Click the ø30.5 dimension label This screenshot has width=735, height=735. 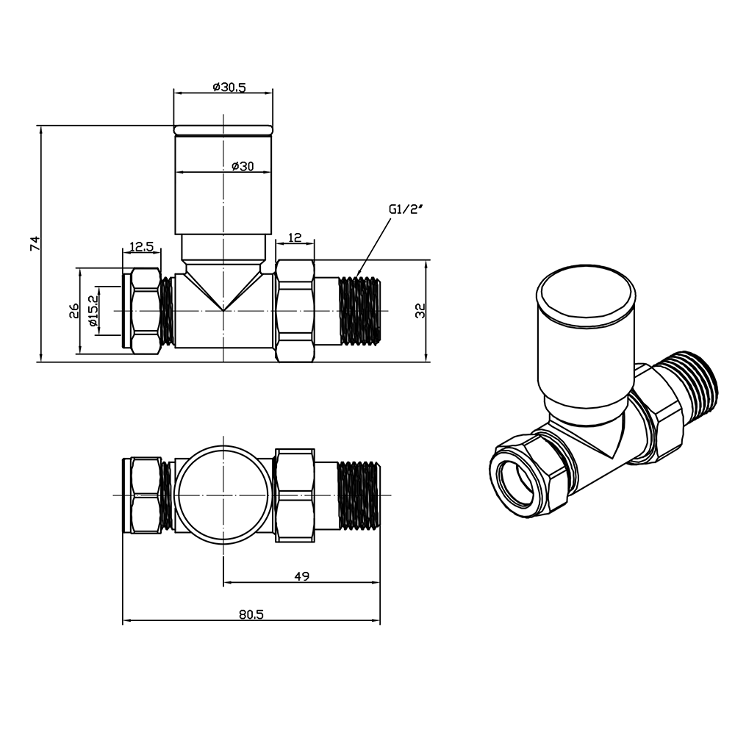229,87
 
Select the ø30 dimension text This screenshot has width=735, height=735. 242,167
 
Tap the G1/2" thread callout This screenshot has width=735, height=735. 406,209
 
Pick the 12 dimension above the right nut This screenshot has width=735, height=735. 295,237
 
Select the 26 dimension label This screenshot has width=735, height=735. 74,311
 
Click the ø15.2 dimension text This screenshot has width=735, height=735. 92,311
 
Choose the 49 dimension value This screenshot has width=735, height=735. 301,576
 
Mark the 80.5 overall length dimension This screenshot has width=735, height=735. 251,615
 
